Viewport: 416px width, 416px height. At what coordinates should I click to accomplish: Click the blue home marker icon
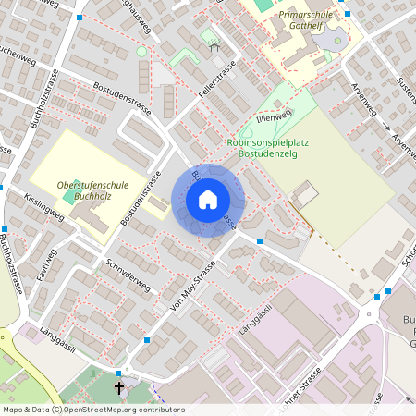pos(208,200)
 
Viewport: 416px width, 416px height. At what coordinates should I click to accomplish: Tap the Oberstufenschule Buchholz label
pos(84,191)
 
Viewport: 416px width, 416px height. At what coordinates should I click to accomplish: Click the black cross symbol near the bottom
pos(118,387)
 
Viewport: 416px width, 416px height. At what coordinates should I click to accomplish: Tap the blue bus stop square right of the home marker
pos(260,241)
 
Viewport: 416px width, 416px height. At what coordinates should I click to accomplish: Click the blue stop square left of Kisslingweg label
pos(5,228)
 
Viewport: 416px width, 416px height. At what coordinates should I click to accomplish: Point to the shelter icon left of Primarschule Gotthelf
pos(214,45)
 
